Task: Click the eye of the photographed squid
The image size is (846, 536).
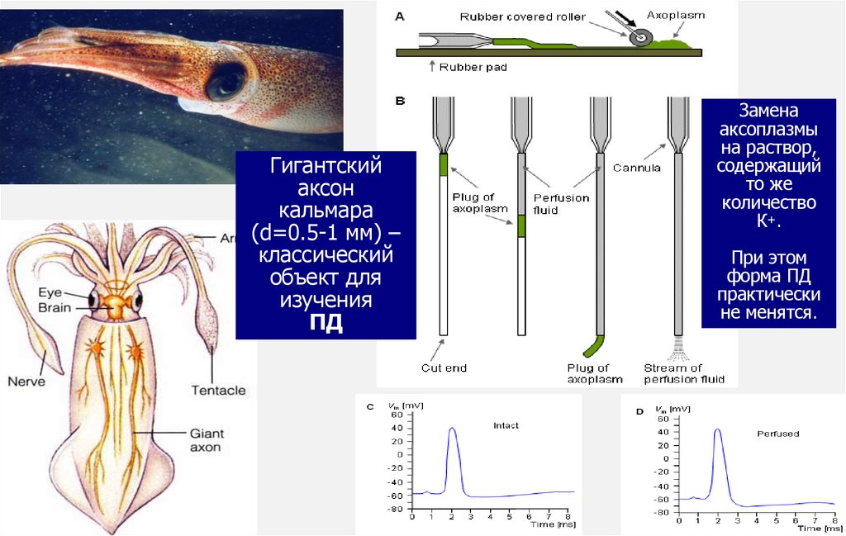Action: click(x=226, y=82)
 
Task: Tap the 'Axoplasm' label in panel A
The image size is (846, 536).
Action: click(x=675, y=15)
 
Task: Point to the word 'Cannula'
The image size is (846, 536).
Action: click(x=636, y=168)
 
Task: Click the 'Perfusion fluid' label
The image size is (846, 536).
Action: click(x=561, y=204)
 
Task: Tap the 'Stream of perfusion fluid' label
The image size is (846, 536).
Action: click(x=684, y=373)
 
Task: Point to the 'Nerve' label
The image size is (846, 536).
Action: click(x=26, y=382)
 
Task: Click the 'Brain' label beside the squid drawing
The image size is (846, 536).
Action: click(x=54, y=308)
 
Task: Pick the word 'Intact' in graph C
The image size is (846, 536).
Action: click(x=506, y=425)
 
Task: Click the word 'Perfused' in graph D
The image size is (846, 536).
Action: click(x=777, y=434)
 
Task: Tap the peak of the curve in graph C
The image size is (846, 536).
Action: click(x=452, y=428)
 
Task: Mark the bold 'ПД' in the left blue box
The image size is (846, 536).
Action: click(x=326, y=322)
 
